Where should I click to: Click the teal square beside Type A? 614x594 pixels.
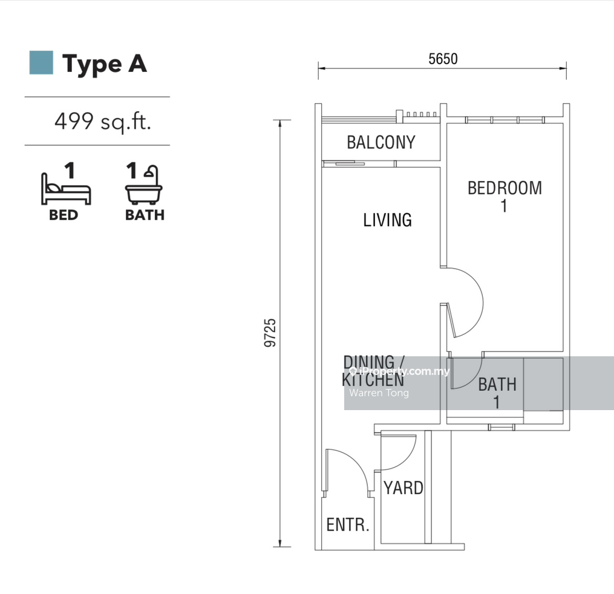41,63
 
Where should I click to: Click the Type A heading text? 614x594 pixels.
105,64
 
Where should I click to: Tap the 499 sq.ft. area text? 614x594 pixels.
103,122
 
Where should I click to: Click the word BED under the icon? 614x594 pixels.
64,215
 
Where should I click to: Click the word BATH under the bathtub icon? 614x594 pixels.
145,215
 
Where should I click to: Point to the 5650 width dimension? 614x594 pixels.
443,59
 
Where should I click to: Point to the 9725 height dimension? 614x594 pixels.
270,333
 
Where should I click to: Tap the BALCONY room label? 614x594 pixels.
381,142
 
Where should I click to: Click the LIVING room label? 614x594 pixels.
387,220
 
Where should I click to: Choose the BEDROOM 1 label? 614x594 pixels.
505,197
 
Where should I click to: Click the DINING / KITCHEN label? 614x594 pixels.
373,371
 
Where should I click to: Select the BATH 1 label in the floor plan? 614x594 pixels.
497,393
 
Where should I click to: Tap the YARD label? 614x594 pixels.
403,488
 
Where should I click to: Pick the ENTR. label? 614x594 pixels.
348,524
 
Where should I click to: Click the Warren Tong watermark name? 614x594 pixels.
379,393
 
